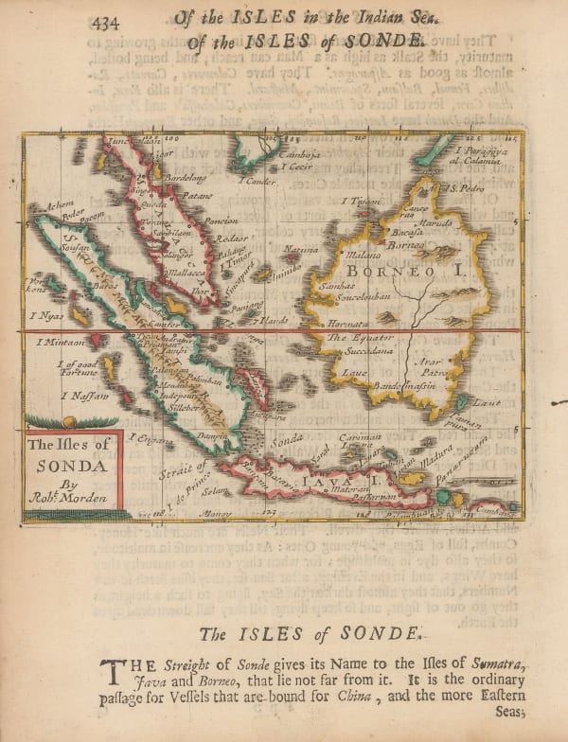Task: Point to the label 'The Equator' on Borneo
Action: pos(351,338)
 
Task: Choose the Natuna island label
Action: pos(302,249)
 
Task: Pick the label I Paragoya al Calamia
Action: pos(482,155)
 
